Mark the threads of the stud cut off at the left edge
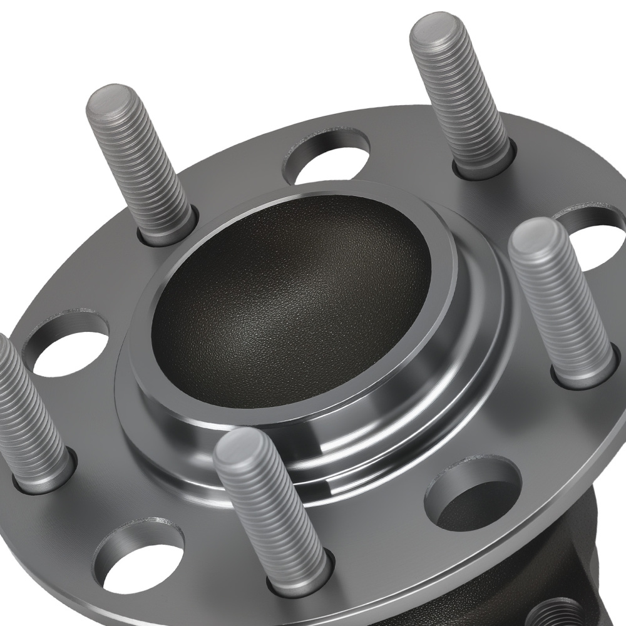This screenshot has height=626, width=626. [x=25, y=407]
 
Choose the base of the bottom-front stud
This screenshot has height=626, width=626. [x=300, y=579]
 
